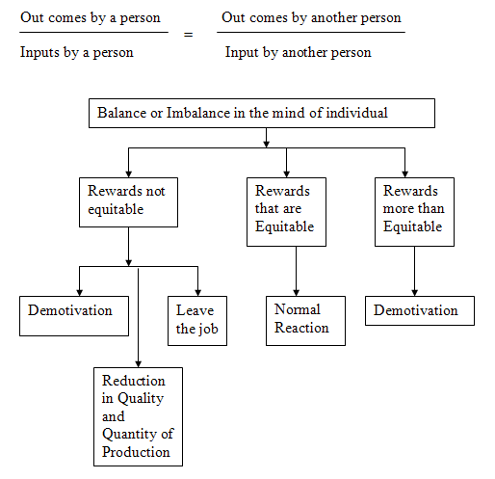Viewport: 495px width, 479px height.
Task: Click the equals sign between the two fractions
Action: click(189, 35)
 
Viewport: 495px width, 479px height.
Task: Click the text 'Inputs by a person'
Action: click(77, 53)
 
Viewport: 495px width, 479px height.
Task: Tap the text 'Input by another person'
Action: click(298, 53)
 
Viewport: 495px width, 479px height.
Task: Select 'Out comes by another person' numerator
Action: click(311, 18)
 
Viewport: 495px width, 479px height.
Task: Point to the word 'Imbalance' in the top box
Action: click(198, 113)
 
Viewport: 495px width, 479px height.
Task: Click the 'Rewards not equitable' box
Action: click(128, 202)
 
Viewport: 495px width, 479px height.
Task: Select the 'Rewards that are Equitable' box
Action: click(286, 212)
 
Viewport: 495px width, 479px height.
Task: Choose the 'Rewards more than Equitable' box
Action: click(414, 212)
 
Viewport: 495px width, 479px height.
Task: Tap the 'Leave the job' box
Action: click(197, 321)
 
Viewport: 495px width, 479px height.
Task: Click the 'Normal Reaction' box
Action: click(305, 321)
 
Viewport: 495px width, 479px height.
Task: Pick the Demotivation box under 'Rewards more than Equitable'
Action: click(420, 310)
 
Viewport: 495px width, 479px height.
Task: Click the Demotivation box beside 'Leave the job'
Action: click(74, 316)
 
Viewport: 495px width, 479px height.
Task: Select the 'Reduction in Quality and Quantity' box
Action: click(138, 416)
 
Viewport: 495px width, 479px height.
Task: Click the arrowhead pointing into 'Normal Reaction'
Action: click(296, 293)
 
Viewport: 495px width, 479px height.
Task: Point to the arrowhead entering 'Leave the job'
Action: click(197, 293)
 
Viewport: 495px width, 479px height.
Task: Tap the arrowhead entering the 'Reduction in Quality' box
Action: click(138, 364)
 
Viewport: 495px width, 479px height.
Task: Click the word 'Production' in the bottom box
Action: click(136, 452)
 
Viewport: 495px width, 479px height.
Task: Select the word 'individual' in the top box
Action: click(357, 113)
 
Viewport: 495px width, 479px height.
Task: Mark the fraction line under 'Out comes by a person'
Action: click(93, 32)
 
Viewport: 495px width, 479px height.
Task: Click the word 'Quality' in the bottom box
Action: click(141, 399)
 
